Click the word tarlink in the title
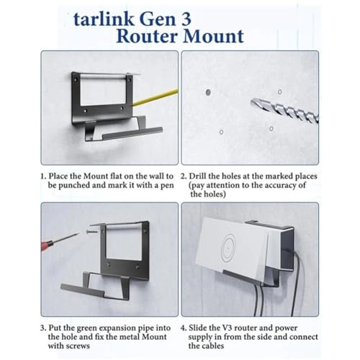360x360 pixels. point(104,15)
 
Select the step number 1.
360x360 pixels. point(43,175)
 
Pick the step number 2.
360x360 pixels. point(184,175)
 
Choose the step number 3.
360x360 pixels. point(43,325)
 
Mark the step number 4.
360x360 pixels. point(184,325)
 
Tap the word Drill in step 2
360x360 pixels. point(203,175)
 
